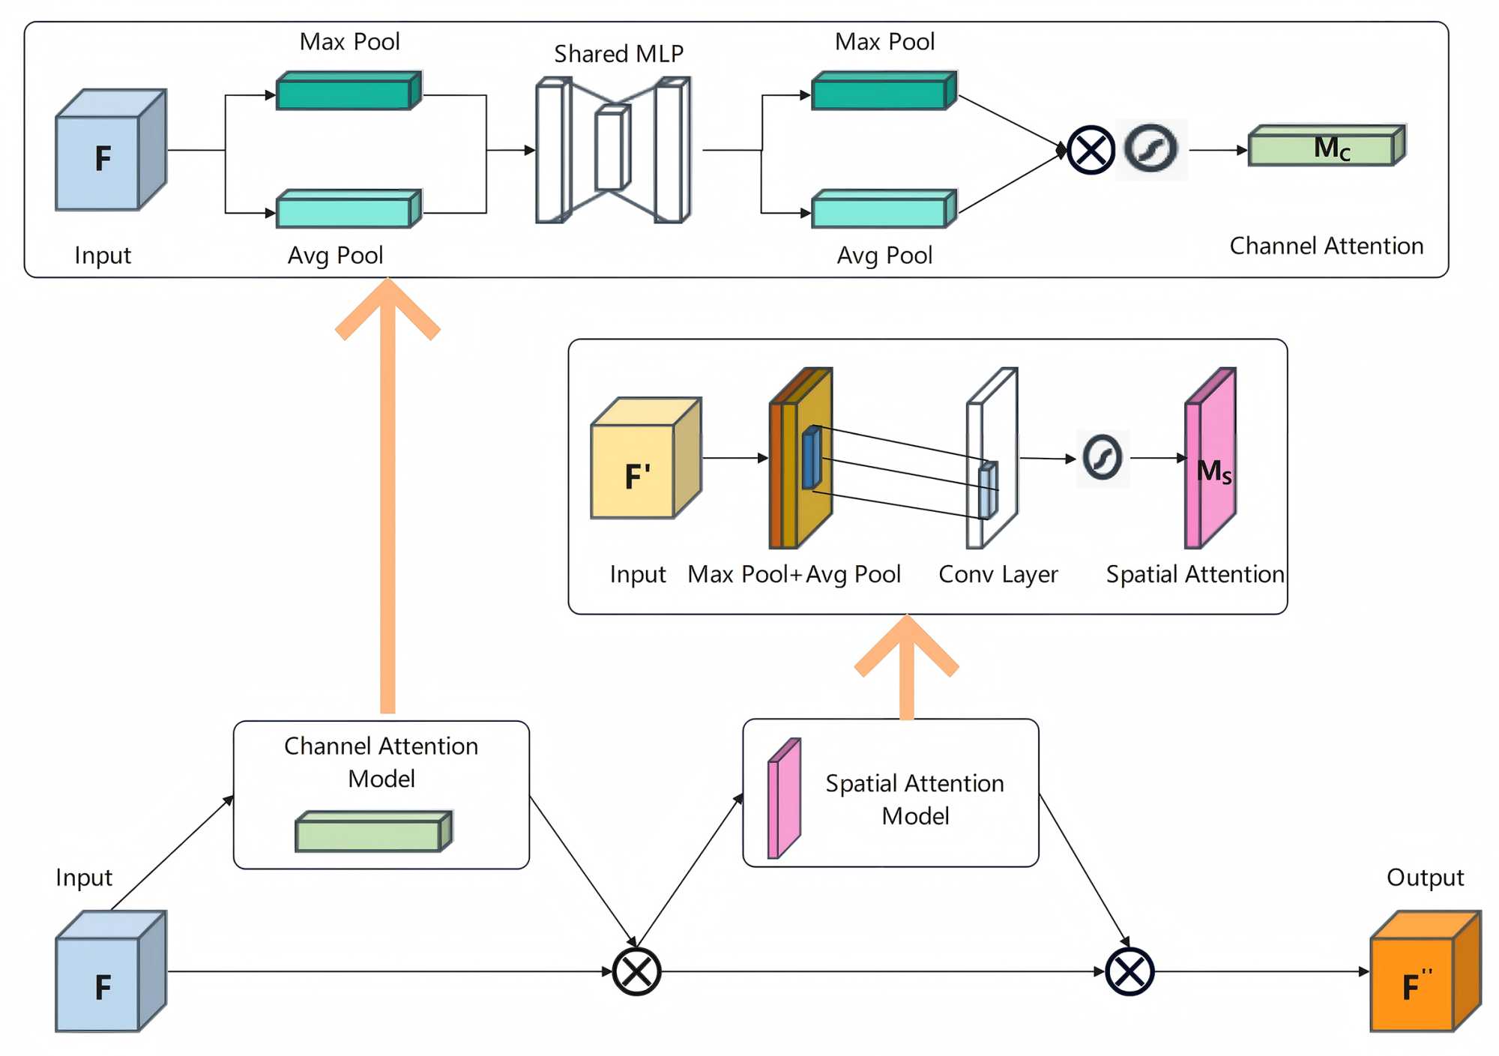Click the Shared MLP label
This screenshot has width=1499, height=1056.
pos(618,54)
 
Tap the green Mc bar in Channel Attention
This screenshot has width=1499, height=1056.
pos(1326,145)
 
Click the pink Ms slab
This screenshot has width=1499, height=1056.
pos(1210,459)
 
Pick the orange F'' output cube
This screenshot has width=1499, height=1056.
pos(1425,972)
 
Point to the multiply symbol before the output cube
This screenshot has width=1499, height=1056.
pos(1129,972)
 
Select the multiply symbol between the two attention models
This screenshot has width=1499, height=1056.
pos(636,972)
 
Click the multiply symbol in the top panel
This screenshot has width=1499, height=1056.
pos(1091,150)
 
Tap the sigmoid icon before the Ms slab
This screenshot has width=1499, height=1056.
pos(1102,457)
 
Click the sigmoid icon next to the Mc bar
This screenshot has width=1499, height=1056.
pos(1151,149)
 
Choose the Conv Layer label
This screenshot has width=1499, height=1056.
pos(998,574)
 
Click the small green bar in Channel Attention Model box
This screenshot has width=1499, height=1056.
pos(373,832)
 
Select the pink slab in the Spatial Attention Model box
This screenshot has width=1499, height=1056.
pos(784,799)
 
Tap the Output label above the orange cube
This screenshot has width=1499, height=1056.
pos(1424,878)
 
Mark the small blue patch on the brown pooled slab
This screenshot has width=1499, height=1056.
pos(811,457)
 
